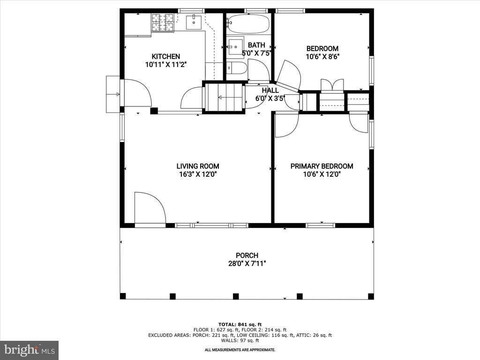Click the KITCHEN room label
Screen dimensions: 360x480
[162, 57]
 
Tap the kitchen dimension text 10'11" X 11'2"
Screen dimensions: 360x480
[162, 65]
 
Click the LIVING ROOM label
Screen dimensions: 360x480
[197, 166]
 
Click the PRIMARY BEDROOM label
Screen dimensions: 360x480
[322, 166]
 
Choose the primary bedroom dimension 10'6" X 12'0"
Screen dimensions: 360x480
[322, 174]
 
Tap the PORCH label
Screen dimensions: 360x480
[247, 255]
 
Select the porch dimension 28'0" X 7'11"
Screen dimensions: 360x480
[247, 263]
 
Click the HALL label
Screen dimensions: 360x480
[270, 90]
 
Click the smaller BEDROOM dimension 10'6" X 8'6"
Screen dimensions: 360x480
[322, 57]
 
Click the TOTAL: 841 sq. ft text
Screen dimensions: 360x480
[240, 324]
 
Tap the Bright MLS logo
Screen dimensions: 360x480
[29, 350]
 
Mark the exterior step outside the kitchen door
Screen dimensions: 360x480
[112, 94]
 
